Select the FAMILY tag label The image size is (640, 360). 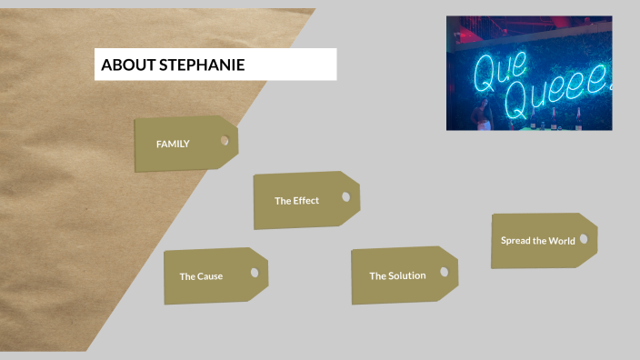coord(173,144)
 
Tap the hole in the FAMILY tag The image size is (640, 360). coord(225,141)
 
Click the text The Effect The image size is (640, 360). coord(296,200)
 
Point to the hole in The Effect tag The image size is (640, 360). coord(345,196)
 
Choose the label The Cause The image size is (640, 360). coord(201,276)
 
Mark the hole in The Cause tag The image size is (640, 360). coord(255,272)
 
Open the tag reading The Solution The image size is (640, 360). coord(397,275)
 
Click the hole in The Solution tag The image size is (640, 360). coord(445,271)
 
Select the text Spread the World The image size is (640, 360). coord(537,241)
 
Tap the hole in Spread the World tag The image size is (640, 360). coord(584,238)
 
